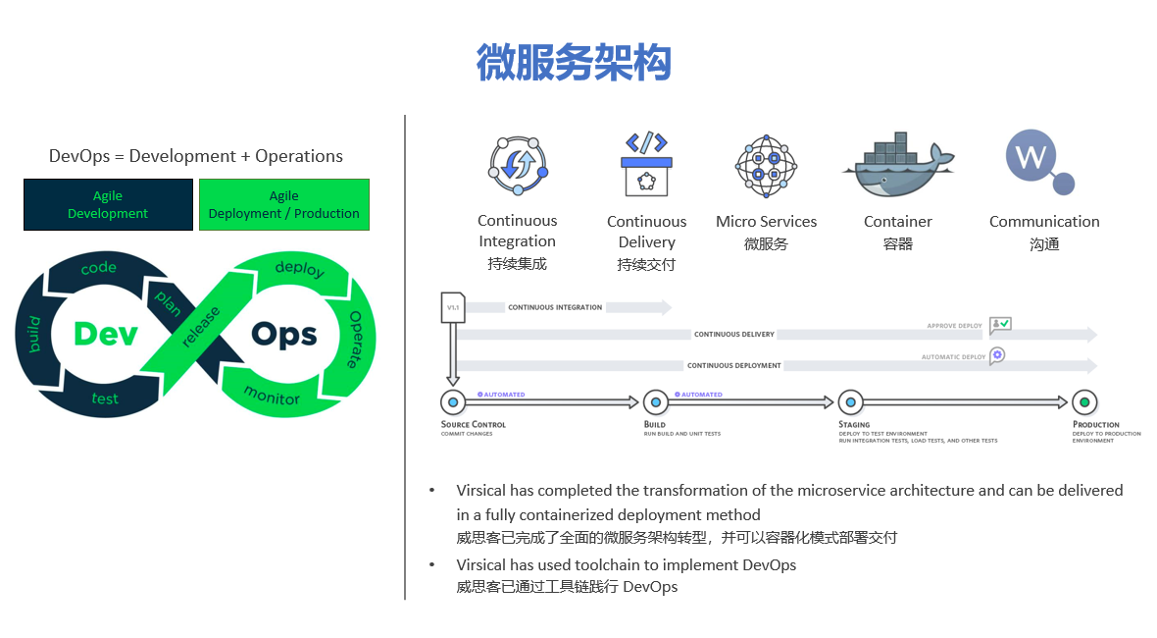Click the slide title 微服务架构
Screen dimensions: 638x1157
tap(574, 62)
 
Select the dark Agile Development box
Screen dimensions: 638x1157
tap(108, 204)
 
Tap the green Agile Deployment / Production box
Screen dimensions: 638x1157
tap(284, 204)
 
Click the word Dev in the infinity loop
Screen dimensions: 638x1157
tap(105, 335)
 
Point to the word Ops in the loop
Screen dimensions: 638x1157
tap(284, 335)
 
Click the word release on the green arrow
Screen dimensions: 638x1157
tap(201, 328)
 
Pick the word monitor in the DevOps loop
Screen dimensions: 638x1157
tap(272, 396)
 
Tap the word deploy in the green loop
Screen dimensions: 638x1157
tap(299, 268)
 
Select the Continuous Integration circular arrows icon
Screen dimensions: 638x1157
tap(517, 166)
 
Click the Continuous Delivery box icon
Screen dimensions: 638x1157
tap(646, 166)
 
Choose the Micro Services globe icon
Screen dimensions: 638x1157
tap(766, 167)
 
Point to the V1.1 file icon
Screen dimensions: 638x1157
tap(453, 307)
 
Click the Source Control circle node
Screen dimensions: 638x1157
tap(453, 401)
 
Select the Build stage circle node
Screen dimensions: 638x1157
tap(655, 401)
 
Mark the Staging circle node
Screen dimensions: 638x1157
tap(850, 401)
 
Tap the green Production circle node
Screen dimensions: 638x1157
tap(1083, 401)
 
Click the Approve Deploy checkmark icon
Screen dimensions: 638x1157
tap(1000, 325)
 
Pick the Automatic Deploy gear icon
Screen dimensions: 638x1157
tap(997, 355)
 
